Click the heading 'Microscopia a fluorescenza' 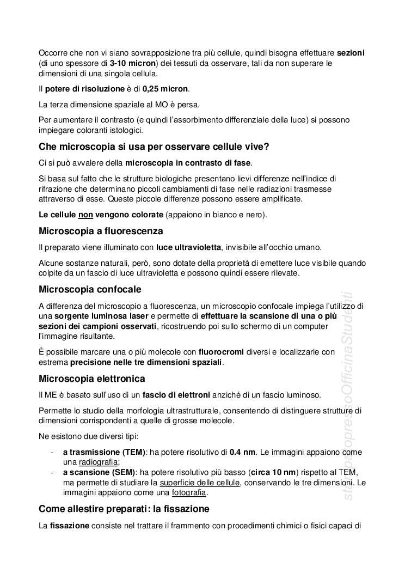(101, 231)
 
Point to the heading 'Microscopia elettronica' (92, 378)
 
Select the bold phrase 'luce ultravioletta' (188, 247)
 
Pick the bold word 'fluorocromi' (221, 352)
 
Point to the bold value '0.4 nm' (242, 452)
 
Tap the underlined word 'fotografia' (189, 492)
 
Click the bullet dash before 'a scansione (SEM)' (51, 472)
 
